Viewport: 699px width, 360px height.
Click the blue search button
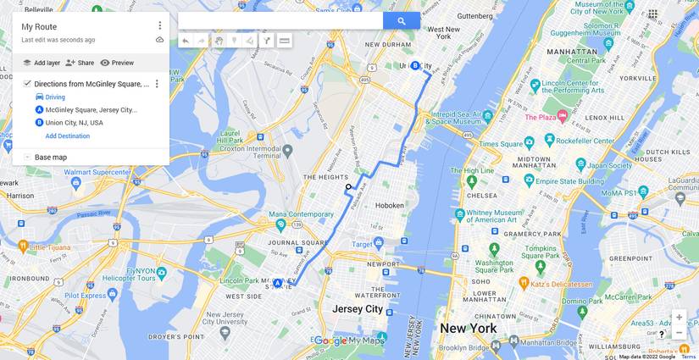tap(401, 21)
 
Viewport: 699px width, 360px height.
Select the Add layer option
tap(42, 63)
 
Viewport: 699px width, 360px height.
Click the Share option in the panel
tap(80, 63)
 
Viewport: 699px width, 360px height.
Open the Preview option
tap(117, 63)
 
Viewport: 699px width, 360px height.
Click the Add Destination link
tap(67, 136)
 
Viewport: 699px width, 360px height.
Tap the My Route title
tap(39, 26)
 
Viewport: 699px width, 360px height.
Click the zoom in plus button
tap(679, 318)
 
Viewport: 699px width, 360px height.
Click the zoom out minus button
tap(679, 333)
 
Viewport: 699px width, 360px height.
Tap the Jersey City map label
tap(358, 309)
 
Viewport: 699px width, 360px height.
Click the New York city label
tap(468, 329)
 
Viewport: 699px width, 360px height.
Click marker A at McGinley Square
tap(277, 284)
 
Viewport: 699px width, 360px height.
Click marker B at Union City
tap(415, 65)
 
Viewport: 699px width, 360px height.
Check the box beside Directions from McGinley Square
tap(27, 84)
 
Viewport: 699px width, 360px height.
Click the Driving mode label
tap(55, 97)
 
